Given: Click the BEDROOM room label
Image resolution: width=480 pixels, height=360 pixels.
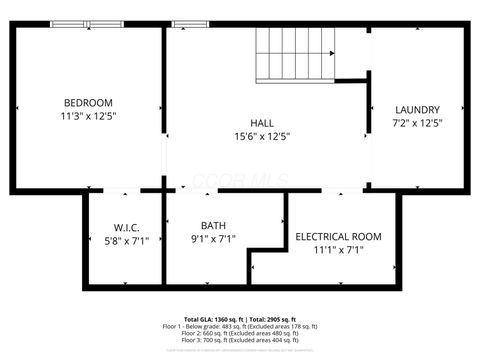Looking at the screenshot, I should tap(88, 103).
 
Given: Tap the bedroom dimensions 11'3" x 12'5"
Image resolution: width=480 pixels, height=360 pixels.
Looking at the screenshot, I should tap(88, 117).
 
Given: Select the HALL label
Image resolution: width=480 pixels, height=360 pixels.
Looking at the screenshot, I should tap(262, 122).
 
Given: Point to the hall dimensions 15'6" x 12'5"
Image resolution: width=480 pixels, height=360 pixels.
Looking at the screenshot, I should tap(262, 136).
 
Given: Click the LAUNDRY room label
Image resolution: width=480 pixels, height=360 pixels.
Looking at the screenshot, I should tap(417, 109).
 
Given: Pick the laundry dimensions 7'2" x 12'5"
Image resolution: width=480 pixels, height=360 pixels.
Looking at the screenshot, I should tap(417, 123).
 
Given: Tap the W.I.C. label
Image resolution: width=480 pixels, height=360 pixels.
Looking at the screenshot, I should tap(125, 226).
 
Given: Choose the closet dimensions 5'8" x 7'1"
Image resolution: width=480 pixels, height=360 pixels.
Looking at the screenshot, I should tap(125, 240).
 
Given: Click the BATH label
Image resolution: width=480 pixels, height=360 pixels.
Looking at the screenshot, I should tap(213, 225).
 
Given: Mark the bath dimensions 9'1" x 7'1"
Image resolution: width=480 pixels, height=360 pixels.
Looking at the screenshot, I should tap(213, 239).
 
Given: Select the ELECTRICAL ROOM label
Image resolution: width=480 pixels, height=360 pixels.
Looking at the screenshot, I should tap(338, 236).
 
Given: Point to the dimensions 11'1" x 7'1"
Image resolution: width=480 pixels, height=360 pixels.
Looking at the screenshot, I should tap(338, 250).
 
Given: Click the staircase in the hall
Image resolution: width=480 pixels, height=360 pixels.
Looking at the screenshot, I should tap(296, 54).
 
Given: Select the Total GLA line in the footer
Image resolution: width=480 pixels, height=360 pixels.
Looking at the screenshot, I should tap(240, 317).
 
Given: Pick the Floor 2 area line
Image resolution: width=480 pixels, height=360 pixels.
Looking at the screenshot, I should tap(240, 333).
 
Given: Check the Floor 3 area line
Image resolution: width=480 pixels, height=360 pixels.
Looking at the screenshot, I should tap(240, 340).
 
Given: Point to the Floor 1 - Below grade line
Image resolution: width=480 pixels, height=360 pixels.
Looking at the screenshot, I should tap(240, 326).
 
